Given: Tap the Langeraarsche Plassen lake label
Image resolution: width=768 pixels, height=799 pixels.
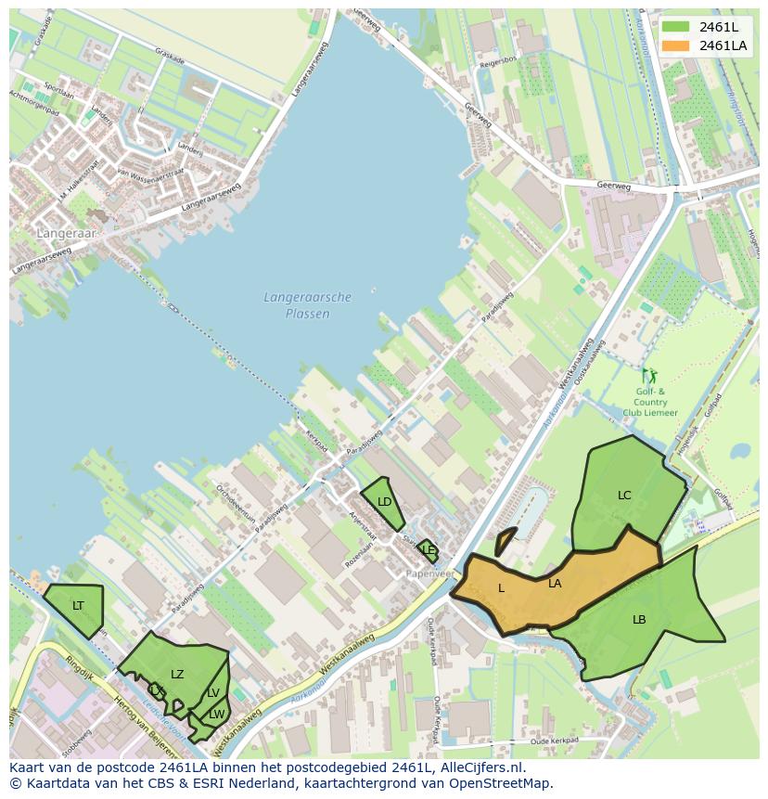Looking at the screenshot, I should tap(308, 305).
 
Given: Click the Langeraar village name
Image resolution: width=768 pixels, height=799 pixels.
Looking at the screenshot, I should tap(66, 234).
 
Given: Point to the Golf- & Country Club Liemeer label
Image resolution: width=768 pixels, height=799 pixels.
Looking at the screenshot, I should tap(650, 402).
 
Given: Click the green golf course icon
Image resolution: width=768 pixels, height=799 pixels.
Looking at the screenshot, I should tap(649, 376).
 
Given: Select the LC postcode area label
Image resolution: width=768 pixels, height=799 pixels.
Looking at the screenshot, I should tap(624, 496).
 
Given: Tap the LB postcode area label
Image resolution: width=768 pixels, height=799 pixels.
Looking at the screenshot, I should tap(639, 620).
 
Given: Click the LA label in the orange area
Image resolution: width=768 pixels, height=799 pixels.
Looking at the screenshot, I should tap(555, 584).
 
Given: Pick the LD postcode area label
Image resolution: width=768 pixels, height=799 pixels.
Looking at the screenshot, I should tap(384, 502).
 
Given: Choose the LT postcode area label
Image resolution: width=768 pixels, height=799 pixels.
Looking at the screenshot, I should tap(78, 606).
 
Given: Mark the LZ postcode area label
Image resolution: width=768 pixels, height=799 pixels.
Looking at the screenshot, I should tap(177, 675).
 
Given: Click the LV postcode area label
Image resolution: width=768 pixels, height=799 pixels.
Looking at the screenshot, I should tap(213, 693).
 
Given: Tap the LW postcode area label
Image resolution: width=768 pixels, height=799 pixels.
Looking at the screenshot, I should tap(216, 714).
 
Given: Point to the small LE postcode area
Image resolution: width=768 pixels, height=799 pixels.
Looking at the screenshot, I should tap(428, 550).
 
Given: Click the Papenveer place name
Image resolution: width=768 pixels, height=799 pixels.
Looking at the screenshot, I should tap(430, 573).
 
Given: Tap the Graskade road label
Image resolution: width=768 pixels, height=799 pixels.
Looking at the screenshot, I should tap(170, 54).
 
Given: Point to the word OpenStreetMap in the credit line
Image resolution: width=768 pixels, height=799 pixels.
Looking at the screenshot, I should tap(501, 783).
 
